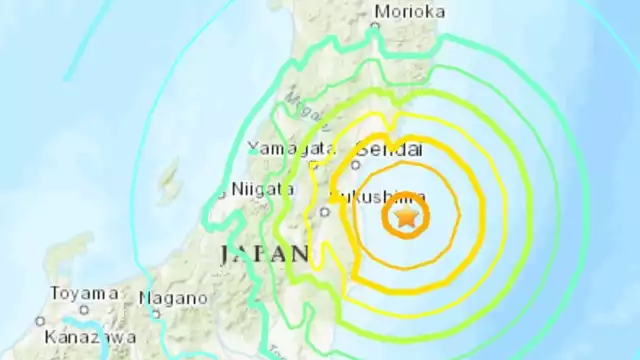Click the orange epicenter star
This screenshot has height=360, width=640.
coord(405,216)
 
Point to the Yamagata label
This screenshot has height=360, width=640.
coord(280,149)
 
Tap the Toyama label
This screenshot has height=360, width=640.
coord(86,294)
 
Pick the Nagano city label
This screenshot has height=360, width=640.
coord(173,298)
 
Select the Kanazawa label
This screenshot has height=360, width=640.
coord(90,338)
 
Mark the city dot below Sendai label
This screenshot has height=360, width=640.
coord(355,163)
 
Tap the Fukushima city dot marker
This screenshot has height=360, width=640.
coord(325,211)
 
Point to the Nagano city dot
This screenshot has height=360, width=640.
coord(156,314)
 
